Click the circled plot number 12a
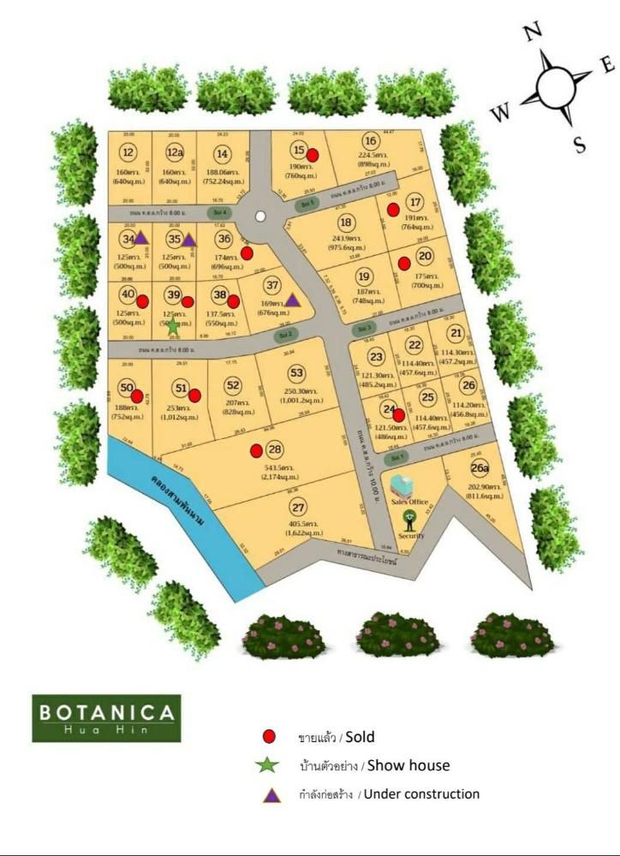(175, 153)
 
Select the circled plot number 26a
(480, 468)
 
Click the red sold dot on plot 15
(313, 155)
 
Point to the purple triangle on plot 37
(292, 300)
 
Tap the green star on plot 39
(173, 325)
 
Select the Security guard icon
(410, 520)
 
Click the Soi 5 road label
(307, 204)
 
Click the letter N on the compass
(533, 33)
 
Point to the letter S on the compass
(580, 145)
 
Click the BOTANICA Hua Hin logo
(107, 717)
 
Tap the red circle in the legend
(270, 737)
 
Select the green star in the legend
(270, 765)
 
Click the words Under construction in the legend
(422, 794)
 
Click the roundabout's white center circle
(259, 217)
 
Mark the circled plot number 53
(296, 373)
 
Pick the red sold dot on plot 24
(398, 415)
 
